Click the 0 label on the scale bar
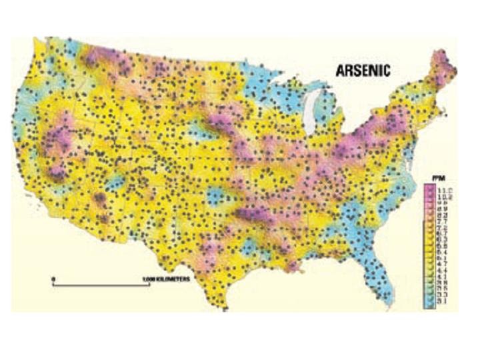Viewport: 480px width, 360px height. (54, 277)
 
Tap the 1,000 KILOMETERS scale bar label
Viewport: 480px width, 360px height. (167, 278)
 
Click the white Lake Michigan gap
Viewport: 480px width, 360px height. (310, 114)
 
